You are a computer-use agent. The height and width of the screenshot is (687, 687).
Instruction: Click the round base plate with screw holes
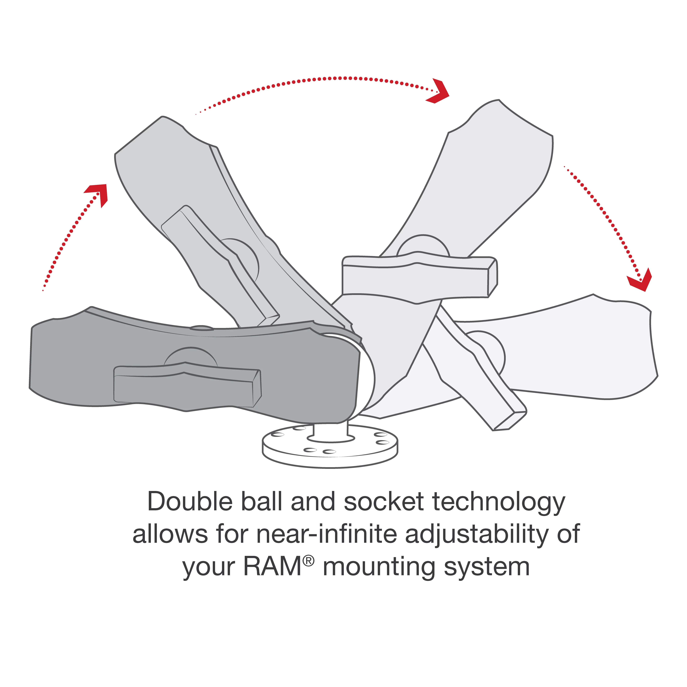pyautogui.click(x=330, y=449)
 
